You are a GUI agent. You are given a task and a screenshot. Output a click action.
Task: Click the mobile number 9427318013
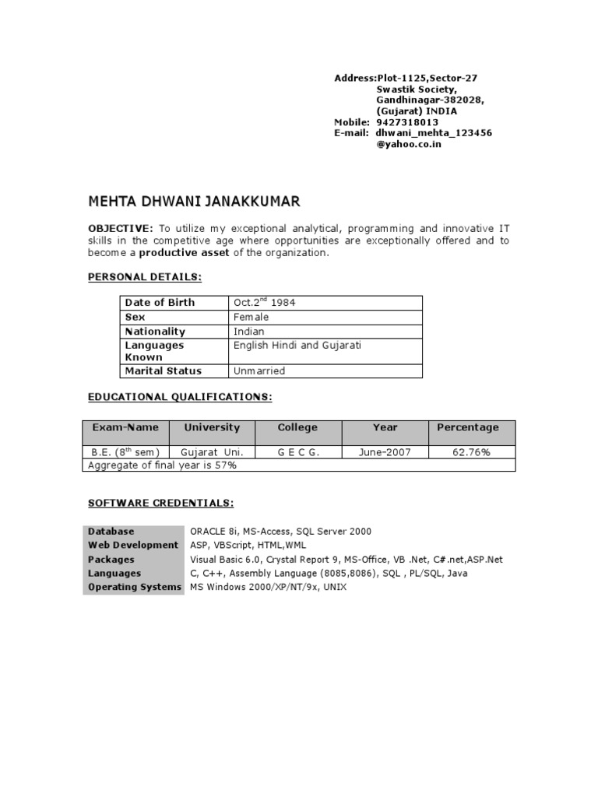(407, 122)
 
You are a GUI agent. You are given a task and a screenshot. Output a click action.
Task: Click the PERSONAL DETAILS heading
(146, 277)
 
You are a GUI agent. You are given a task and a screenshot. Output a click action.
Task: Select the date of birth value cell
(325, 302)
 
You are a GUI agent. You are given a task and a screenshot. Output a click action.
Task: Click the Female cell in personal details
(325, 317)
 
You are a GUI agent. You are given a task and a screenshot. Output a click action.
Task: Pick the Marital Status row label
(163, 370)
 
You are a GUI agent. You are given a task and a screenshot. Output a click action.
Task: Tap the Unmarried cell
(325, 370)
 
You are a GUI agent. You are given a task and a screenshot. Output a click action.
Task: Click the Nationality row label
(155, 331)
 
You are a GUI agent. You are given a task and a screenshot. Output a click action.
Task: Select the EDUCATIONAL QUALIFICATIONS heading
(180, 397)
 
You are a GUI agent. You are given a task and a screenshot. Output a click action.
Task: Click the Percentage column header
(467, 427)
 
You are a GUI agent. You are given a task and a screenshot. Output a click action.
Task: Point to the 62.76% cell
(472, 451)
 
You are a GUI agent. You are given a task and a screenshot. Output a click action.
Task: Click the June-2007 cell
(385, 451)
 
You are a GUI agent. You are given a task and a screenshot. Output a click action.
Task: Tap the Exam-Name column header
(125, 427)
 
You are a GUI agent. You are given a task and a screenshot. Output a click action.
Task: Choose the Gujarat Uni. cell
(212, 451)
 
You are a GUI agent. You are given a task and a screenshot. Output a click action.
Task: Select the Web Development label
(133, 545)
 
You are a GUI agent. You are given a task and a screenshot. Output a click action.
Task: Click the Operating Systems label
(135, 587)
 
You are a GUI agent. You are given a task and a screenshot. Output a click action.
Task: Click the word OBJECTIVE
(120, 228)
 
